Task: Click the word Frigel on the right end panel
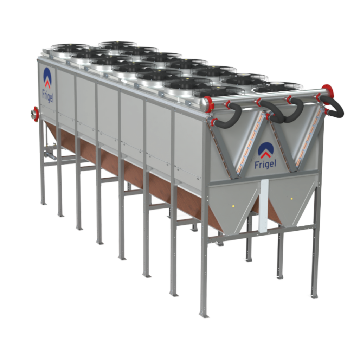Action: tap(265, 164)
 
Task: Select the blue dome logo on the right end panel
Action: tap(266, 150)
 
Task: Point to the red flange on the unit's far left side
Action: tap(36, 114)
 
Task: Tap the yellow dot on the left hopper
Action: tap(233, 206)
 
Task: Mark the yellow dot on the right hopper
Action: tap(291, 199)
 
